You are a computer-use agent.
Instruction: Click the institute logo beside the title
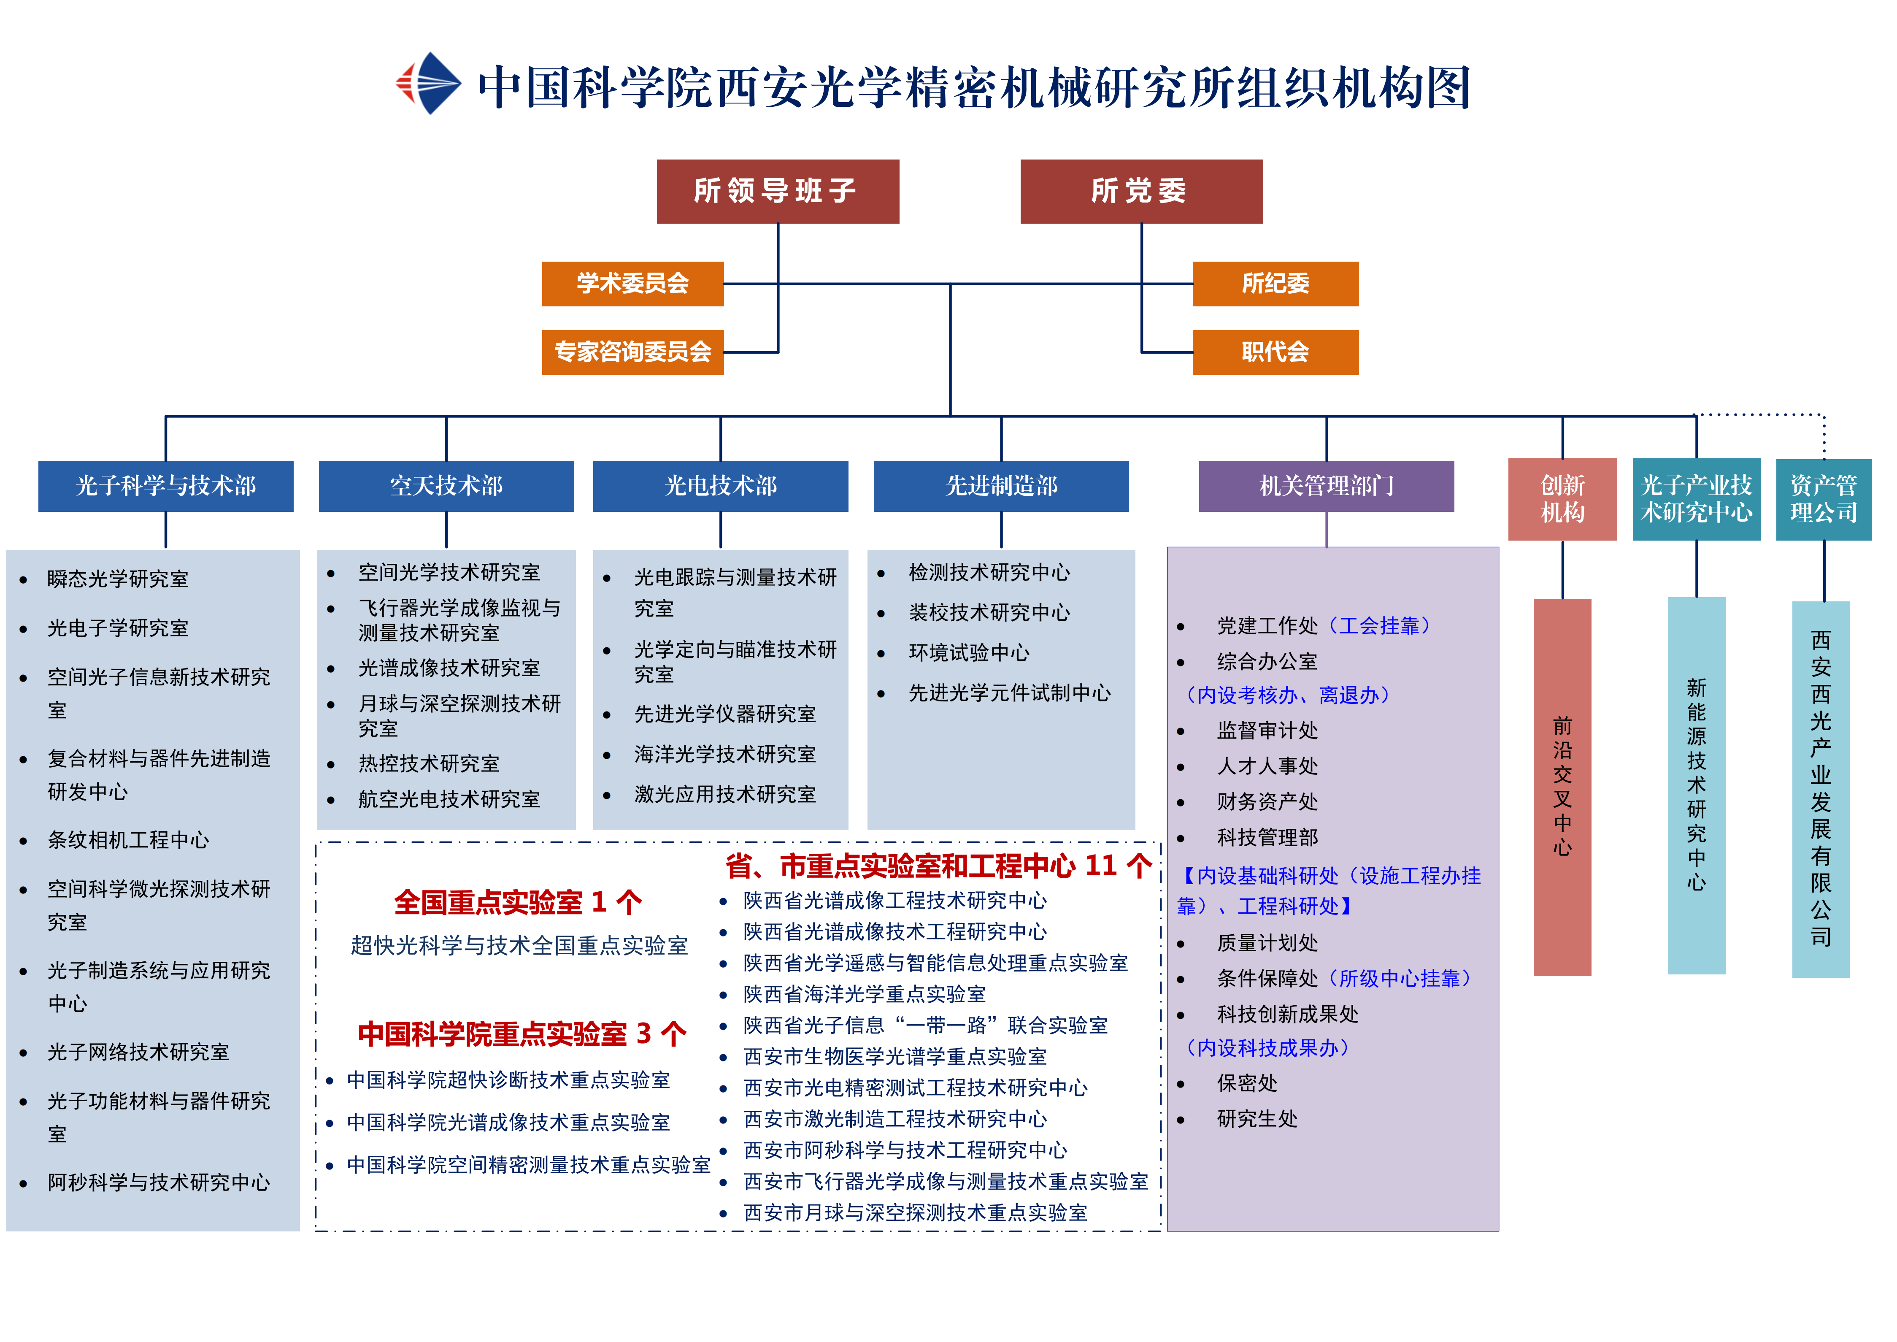pyautogui.click(x=428, y=84)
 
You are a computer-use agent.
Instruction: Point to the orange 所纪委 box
pyautogui.click(x=1275, y=284)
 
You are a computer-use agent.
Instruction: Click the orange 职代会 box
pyautogui.click(x=1275, y=352)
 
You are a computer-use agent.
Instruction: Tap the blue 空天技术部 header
pyautogui.click(x=446, y=486)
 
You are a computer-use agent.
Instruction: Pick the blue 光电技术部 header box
pyautogui.click(x=721, y=486)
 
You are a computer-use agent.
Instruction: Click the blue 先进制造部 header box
pyautogui.click(x=1000, y=486)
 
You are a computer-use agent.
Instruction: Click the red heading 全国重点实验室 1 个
pyautogui.click(x=518, y=902)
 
